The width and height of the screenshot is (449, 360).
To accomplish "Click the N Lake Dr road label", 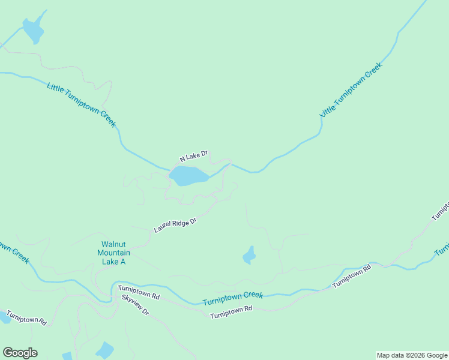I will [193, 157].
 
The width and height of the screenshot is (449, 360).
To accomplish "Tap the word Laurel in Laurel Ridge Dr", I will [163, 227].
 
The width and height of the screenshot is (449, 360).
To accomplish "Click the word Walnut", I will [113, 244].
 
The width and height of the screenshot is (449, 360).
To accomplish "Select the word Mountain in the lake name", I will [113, 253].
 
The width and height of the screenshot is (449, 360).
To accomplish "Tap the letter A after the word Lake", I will [122, 262].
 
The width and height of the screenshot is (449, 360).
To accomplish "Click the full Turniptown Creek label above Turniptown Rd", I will [233, 298].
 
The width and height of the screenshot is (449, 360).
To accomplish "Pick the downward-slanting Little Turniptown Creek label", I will [82, 104].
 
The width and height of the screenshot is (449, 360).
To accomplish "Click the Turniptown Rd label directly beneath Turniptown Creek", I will [231, 312].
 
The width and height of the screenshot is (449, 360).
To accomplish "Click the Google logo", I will [20, 353].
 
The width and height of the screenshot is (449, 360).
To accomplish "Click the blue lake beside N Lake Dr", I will [188, 176].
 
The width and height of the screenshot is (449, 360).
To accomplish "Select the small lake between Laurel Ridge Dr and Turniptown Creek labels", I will [249, 256].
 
